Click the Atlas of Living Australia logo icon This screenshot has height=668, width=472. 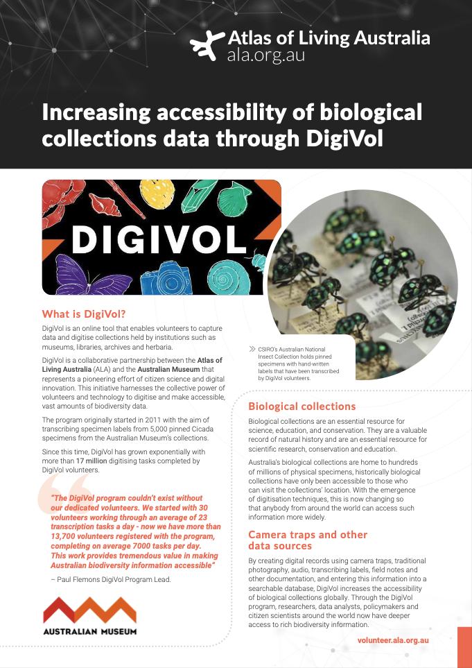tap(207, 46)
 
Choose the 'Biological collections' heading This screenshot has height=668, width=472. tap(301, 406)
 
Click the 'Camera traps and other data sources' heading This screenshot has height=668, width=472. tap(308, 540)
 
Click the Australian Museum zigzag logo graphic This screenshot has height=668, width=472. tap(89, 611)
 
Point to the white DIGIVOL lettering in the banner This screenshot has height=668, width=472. tap(159, 238)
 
